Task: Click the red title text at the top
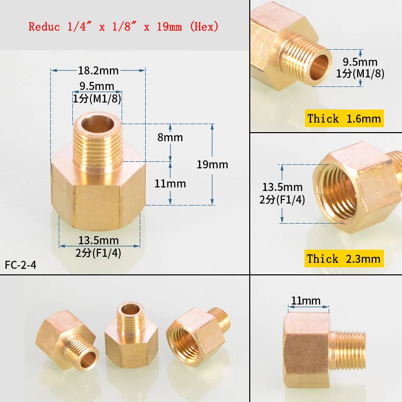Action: pyautogui.click(x=123, y=27)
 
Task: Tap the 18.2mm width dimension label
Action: pyautogui.click(x=98, y=70)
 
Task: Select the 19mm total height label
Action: pyautogui.click(x=212, y=164)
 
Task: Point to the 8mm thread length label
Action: pyautogui.click(x=170, y=137)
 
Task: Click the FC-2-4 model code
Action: pyautogui.click(x=21, y=265)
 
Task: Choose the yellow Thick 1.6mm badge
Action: pyautogui.click(x=344, y=119)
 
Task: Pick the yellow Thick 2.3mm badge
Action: pyautogui.click(x=344, y=258)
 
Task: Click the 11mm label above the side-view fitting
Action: pyautogui.click(x=306, y=300)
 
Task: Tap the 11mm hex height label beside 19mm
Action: pyautogui.click(x=170, y=183)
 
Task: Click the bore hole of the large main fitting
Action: pyautogui.click(x=97, y=124)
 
